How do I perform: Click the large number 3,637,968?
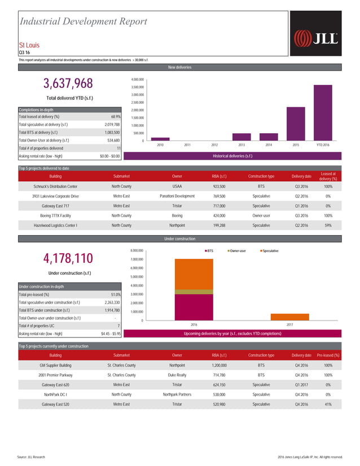pyautogui.click(x=68, y=84)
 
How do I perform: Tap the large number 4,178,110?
pyautogui.click(x=68, y=258)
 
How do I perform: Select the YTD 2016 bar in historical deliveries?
pyautogui.click(x=323, y=113)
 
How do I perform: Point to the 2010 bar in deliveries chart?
pyautogui.click(x=160, y=138)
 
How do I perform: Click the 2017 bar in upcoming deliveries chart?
pyautogui.click(x=290, y=316)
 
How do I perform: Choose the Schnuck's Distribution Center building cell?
pyautogui.click(x=55, y=186)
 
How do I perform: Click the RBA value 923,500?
pyautogui.click(x=219, y=186)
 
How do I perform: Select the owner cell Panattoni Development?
pyautogui.click(x=177, y=196)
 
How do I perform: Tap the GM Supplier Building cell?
pyautogui.click(x=55, y=365)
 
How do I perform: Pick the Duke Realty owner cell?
pyautogui.click(x=177, y=375)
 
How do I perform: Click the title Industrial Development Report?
pyautogui.click(x=84, y=21)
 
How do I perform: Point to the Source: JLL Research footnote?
pyautogui.click(x=33, y=456)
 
